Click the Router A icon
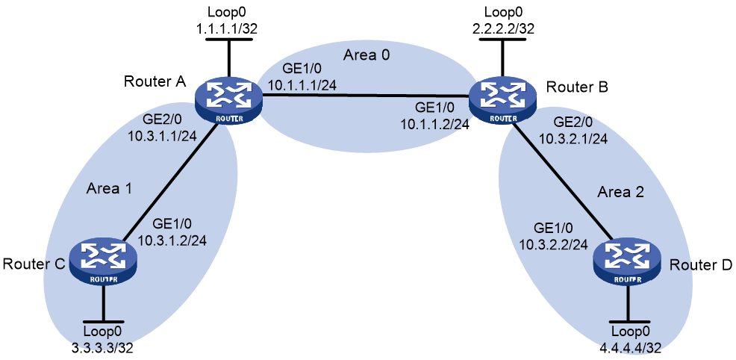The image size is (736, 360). (228, 102)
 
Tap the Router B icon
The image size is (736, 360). (502, 102)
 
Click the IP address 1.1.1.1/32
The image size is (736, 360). (228, 28)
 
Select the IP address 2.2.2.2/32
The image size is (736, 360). (502, 28)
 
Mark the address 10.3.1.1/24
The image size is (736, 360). (161, 136)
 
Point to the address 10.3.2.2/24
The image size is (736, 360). (554, 243)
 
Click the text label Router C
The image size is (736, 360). (33, 264)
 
